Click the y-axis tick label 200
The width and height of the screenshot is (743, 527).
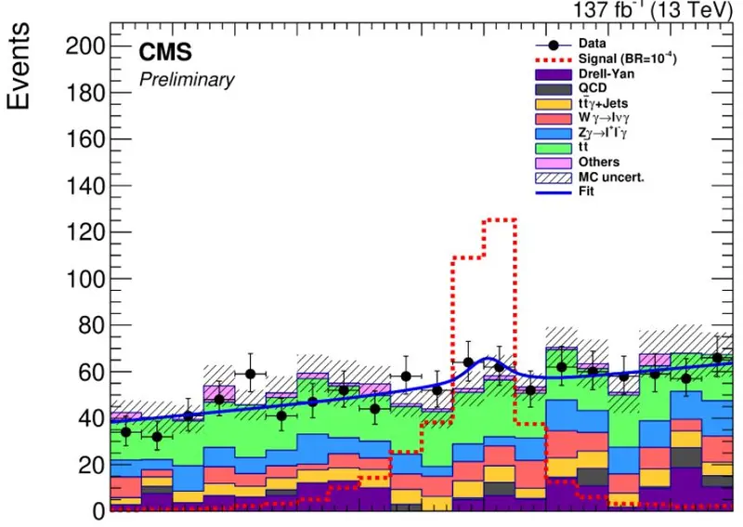click(x=85, y=46)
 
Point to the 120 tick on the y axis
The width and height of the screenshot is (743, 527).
click(x=85, y=232)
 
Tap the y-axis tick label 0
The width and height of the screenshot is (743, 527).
click(x=98, y=511)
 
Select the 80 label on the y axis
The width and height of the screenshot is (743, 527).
click(x=91, y=325)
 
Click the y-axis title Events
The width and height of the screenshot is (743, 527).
click(x=19, y=66)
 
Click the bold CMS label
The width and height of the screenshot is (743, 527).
click(x=165, y=52)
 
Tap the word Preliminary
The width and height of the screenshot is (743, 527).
click(x=187, y=80)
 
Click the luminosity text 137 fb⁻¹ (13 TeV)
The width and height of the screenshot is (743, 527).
click(x=653, y=9)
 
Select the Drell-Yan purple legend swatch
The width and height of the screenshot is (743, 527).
click(x=554, y=74)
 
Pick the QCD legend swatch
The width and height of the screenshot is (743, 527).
click(x=554, y=88)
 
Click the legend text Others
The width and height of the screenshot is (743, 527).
click(x=599, y=162)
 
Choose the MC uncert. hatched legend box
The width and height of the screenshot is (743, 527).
click(x=554, y=178)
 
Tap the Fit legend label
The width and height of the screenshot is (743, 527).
click(x=586, y=191)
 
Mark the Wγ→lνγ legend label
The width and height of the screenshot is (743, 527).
click(x=605, y=118)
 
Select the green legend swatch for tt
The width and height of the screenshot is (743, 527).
click(x=554, y=148)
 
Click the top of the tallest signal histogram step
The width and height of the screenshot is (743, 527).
click(x=500, y=219)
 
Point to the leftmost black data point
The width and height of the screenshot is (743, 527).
click(x=125, y=432)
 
